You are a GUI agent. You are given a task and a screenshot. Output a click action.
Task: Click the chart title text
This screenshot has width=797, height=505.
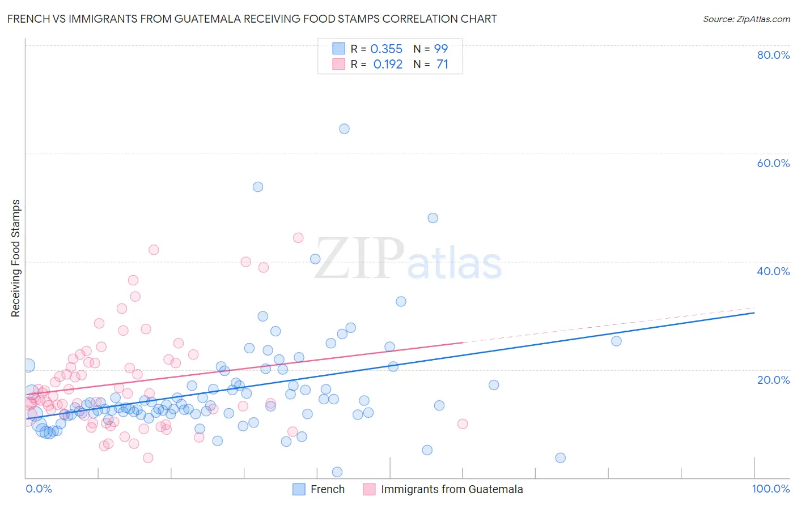pos(252,19)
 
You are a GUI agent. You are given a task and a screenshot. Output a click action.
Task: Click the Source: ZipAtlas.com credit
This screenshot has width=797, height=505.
pos(746,19)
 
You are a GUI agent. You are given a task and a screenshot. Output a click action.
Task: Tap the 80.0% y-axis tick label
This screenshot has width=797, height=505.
pos(773,55)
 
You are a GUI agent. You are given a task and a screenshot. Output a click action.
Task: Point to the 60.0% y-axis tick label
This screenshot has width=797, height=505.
pos(773,163)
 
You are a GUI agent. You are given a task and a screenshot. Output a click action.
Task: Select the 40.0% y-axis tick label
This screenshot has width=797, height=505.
pos(773,271)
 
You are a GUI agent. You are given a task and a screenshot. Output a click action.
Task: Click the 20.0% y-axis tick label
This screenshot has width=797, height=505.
pos(773,379)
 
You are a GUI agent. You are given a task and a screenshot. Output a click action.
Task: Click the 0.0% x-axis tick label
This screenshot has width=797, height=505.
pos(39,489)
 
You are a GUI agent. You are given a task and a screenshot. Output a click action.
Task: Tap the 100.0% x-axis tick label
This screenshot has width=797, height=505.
pos(770,489)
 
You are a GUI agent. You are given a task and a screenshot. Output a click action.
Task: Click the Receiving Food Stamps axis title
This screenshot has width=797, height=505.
pos(16,258)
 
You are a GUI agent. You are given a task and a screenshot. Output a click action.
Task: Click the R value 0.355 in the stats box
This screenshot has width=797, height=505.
pos(386,49)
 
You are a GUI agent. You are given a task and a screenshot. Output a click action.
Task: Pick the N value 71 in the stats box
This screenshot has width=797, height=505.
pos(442,65)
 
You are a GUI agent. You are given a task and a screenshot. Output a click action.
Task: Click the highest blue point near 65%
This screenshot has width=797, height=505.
pos(344,129)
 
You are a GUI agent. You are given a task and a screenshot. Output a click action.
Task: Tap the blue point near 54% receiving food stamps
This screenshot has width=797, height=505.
pos(258,187)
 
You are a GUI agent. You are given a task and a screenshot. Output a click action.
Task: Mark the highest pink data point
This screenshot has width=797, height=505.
pos(298,238)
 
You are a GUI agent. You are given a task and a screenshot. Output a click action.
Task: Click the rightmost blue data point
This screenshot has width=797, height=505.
pos(616,341)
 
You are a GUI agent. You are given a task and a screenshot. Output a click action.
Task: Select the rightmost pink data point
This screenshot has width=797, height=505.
pos(463,424)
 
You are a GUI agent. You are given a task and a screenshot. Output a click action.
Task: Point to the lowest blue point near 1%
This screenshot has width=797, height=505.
pos(337,472)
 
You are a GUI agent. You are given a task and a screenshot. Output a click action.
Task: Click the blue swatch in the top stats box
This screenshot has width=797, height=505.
pos(338,49)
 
